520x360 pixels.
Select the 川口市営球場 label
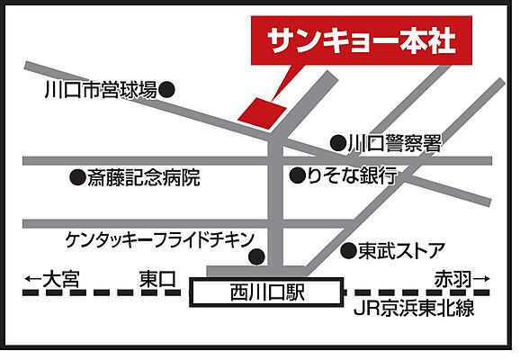[x=100, y=90]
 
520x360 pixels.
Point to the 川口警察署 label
[x=396, y=142]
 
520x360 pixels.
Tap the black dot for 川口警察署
[x=337, y=142]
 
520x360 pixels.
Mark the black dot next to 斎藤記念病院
[x=76, y=177]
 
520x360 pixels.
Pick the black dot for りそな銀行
[x=296, y=176]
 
